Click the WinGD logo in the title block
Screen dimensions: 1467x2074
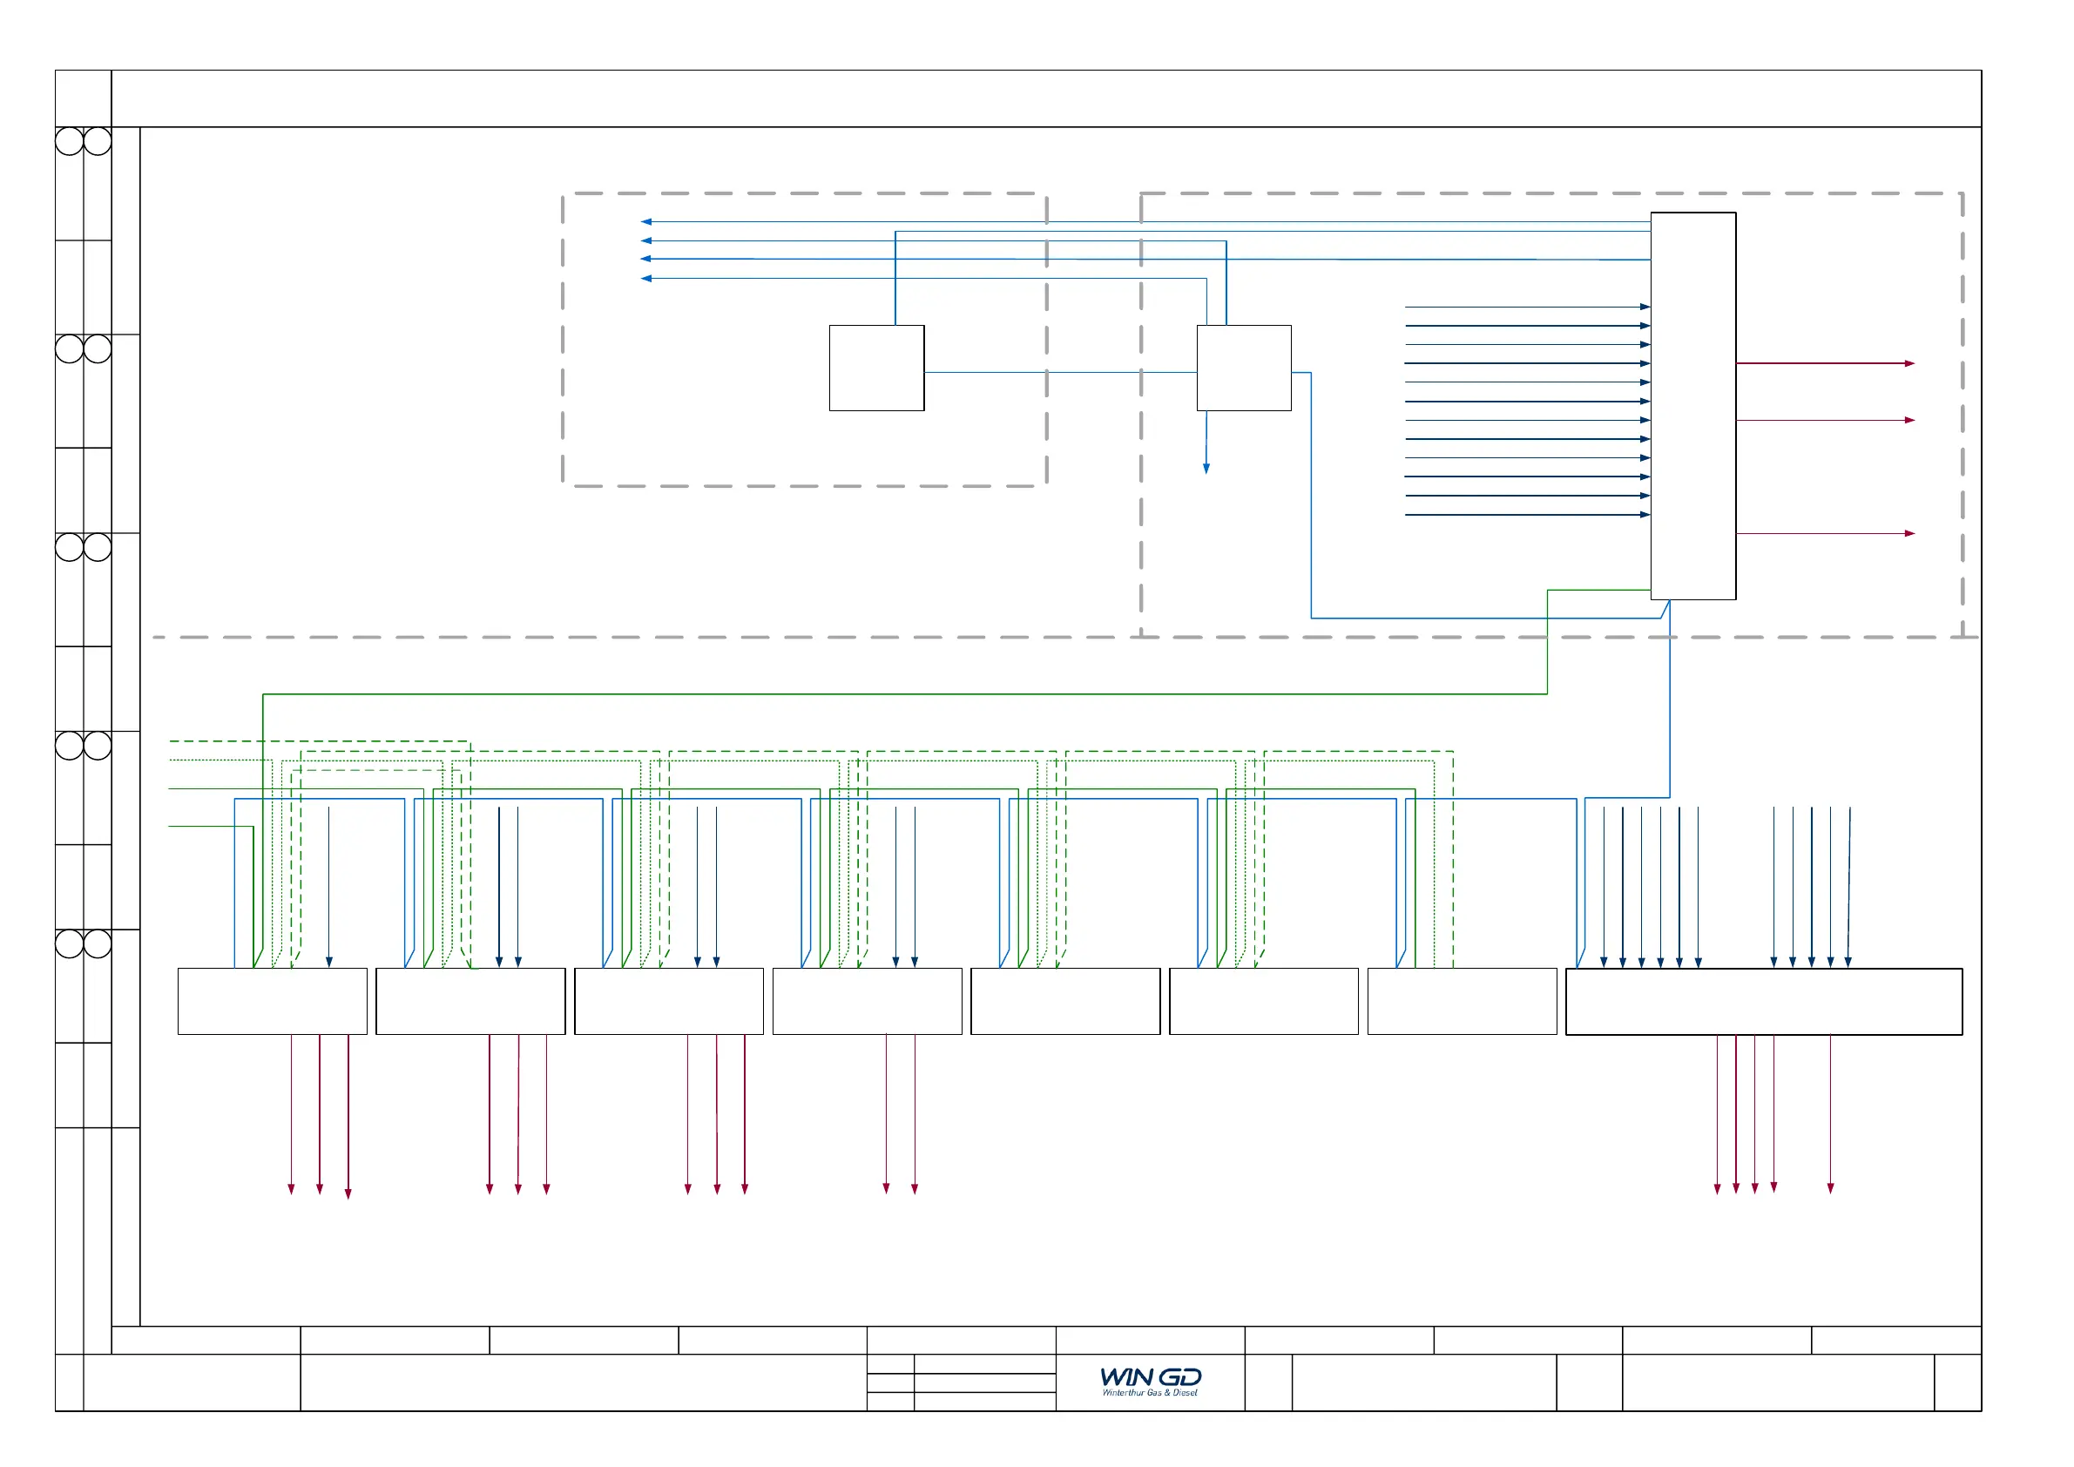(x=1150, y=1376)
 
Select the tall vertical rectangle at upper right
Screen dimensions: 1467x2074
(x=1692, y=406)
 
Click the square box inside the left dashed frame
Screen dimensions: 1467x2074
(x=876, y=368)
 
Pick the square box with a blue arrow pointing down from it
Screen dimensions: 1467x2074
(x=1243, y=368)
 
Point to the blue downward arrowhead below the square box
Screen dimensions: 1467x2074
(x=1206, y=468)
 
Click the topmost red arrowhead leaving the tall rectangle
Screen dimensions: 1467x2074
(x=1909, y=363)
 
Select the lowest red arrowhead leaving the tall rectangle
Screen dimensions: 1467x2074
(x=1909, y=534)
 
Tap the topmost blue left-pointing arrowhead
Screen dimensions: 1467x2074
(x=645, y=221)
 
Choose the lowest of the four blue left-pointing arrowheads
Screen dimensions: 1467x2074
(x=645, y=278)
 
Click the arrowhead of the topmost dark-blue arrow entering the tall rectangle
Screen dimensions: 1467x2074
(x=1645, y=308)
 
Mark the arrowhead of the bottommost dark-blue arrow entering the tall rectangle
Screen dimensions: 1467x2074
(x=1645, y=515)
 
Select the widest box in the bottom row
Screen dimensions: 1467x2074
(x=1763, y=1002)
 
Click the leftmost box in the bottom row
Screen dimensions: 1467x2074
(x=272, y=1002)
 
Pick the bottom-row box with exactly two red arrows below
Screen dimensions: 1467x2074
(x=868, y=1002)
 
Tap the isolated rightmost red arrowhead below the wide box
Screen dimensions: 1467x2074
(x=1830, y=1188)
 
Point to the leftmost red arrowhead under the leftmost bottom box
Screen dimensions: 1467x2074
(x=291, y=1189)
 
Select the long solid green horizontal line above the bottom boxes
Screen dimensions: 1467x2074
(x=903, y=693)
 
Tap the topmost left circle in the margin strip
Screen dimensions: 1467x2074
(x=69, y=141)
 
